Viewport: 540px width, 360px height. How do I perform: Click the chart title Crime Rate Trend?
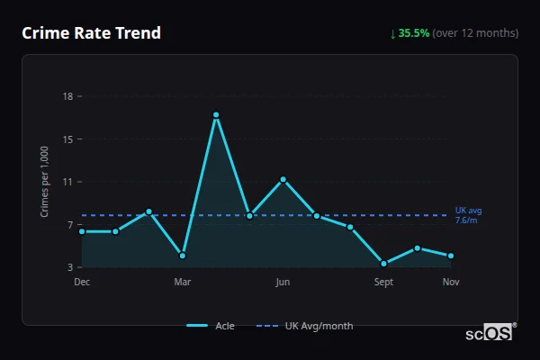pyautogui.click(x=91, y=33)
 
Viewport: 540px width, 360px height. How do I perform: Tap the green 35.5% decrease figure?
pyautogui.click(x=412, y=33)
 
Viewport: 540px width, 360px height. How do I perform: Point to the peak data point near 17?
pyautogui.click(x=216, y=115)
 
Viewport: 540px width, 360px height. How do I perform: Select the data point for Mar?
pyautogui.click(x=183, y=256)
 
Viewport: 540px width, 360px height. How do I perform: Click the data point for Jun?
pyautogui.click(x=283, y=179)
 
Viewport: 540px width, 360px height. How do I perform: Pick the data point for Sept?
pyautogui.click(x=384, y=264)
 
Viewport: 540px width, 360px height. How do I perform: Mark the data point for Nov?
pyautogui.click(x=451, y=256)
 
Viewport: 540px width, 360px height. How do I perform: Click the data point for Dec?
pyautogui.click(x=82, y=231)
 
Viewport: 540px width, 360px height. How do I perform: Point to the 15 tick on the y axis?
pyautogui.click(x=67, y=139)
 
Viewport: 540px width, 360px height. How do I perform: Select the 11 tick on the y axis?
pyautogui.click(x=67, y=182)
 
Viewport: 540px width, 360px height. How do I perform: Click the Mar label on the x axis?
pyautogui.click(x=183, y=282)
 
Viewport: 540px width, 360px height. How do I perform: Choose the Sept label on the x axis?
pyautogui.click(x=384, y=282)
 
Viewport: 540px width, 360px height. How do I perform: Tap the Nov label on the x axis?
pyautogui.click(x=451, y=282)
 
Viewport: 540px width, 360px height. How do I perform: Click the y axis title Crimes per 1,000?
pyautogui.click(x=44, y=181)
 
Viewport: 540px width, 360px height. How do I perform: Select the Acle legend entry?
pyautogui.click(x=211, y=326)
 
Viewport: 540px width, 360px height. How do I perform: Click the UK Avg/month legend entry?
pyautogui.click(x=305, y=326)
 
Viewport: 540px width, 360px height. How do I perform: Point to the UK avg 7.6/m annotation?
pyautogui.click(x=468, y=215)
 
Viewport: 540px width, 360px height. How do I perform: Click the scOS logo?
pyautogui.click(x=490, y=332)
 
